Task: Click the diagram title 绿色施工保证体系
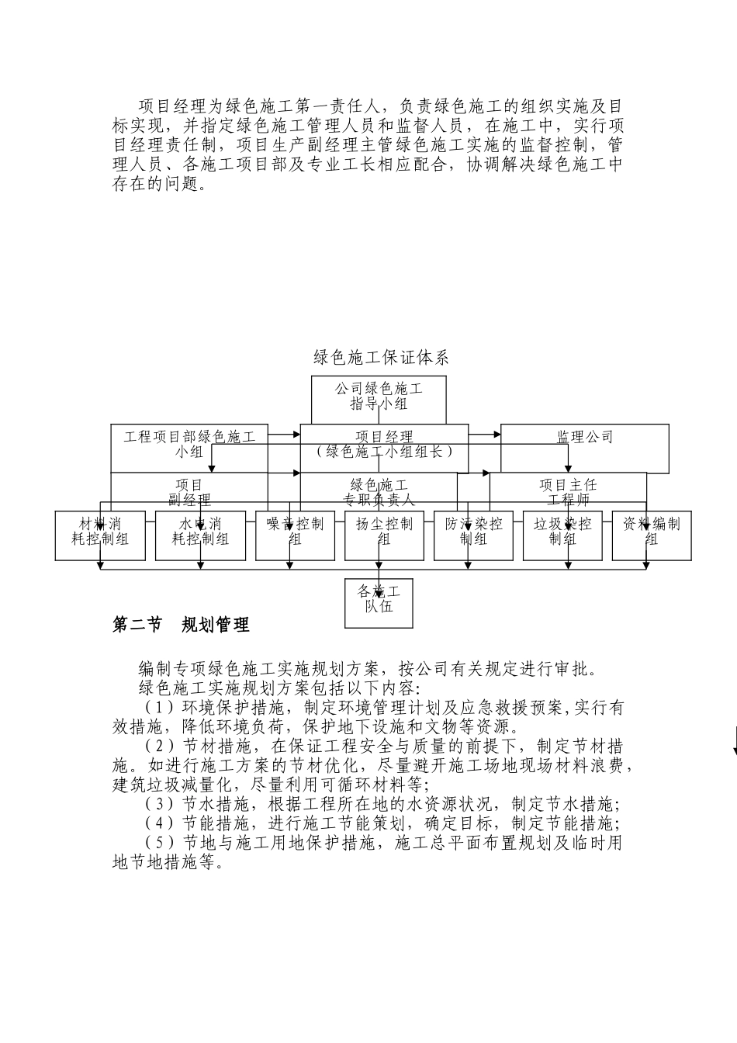[381, 358]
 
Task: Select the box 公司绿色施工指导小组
[379, 395]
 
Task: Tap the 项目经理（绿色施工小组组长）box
[384, 444]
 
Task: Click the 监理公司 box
[584, 438]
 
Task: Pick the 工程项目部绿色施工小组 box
[189, 444]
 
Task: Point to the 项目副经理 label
[189, 493]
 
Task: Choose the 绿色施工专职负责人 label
[379, 493]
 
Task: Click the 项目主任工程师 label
[568, 493]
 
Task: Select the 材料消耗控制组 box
[100, 532]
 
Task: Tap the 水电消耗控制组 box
[200, 532]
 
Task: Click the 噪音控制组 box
[295, 532]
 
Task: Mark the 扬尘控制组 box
[384, 532]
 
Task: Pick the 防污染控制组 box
[473, 532]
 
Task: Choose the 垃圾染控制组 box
[562, 532]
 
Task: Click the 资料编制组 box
[651, 532]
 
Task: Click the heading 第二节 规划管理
[181, 625]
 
